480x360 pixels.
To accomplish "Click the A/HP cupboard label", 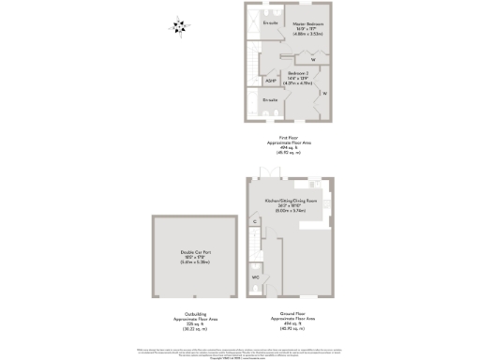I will click(271, 82).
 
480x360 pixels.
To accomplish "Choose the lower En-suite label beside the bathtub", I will click(270, 98).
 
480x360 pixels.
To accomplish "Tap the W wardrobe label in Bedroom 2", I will click(323, 94).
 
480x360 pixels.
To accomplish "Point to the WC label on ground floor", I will click(255, 278).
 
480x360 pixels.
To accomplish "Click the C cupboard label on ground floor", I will click(254, 221).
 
